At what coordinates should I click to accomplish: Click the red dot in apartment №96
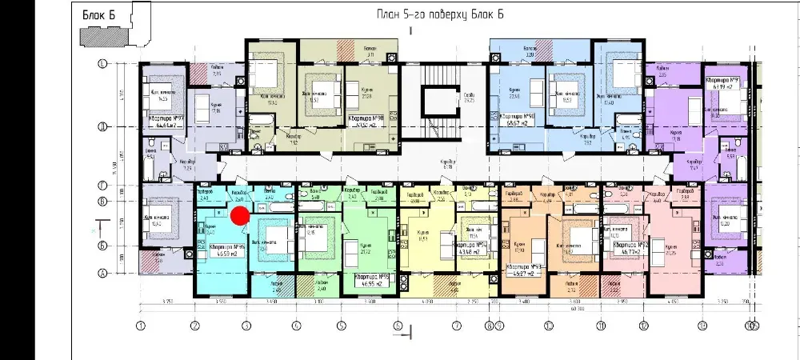(239, 214)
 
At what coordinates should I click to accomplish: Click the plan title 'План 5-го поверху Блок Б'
(439, 15)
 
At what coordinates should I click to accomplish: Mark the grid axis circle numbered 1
(140, 326)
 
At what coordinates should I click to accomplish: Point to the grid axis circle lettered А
(102, 273)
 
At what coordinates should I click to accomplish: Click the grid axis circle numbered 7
(456, 326)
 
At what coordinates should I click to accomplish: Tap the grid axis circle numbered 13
(702, 326)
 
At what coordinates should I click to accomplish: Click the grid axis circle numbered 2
(194, 326)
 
